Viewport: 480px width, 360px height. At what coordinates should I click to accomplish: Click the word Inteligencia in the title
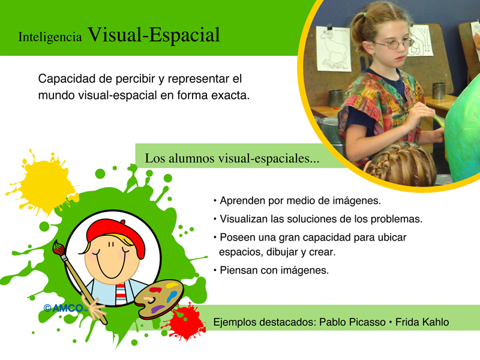pos(50,37)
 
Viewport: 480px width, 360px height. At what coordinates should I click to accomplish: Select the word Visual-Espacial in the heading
pos(154,35)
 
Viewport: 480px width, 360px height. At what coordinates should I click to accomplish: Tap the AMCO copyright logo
pos(65,308)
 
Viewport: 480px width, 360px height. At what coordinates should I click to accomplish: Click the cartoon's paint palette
pos(159,299)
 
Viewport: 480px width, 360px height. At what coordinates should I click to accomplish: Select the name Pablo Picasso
pos(352,322)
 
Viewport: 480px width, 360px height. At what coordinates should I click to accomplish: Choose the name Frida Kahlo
pos(422,322)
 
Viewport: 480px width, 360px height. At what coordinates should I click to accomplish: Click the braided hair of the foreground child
pos(401,164)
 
